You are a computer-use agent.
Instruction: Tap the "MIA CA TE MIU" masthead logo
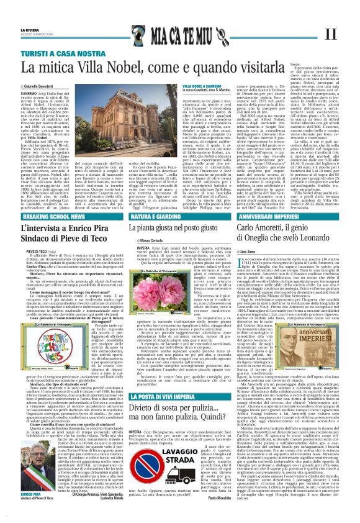pos(179,34)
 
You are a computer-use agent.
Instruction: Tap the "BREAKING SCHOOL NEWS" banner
pos(56,217)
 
